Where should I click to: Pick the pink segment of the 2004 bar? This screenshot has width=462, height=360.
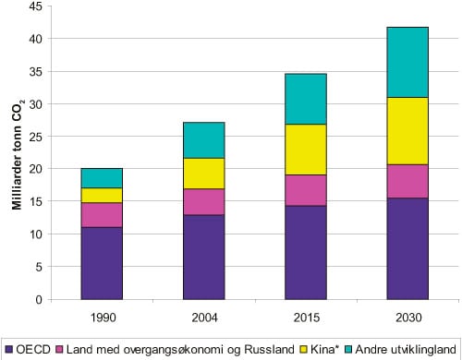pos(203,202)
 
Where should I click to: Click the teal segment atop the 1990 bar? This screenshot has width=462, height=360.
pos(102,178)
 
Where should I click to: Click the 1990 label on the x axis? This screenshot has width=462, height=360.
pos(102,318)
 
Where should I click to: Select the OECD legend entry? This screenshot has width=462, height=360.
pos(28,349)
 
